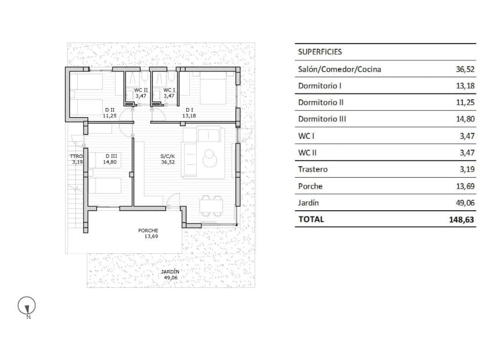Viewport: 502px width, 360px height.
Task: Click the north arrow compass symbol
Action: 27,306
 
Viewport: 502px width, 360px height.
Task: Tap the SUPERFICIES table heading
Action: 319,52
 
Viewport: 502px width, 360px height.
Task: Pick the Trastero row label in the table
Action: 313,170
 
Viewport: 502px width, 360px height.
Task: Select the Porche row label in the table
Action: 310,186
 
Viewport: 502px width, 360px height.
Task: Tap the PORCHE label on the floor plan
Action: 148,231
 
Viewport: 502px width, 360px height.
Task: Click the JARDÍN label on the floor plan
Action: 170,272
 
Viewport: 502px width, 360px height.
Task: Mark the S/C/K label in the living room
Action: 169,156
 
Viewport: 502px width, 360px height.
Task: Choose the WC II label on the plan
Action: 141,90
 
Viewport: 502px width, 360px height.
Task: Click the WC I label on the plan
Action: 169,90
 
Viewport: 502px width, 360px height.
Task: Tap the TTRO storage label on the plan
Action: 77,156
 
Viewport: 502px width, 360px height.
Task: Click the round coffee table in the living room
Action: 209,157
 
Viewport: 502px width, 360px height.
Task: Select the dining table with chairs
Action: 211,206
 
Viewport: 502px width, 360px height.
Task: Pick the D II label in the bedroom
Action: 109,110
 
